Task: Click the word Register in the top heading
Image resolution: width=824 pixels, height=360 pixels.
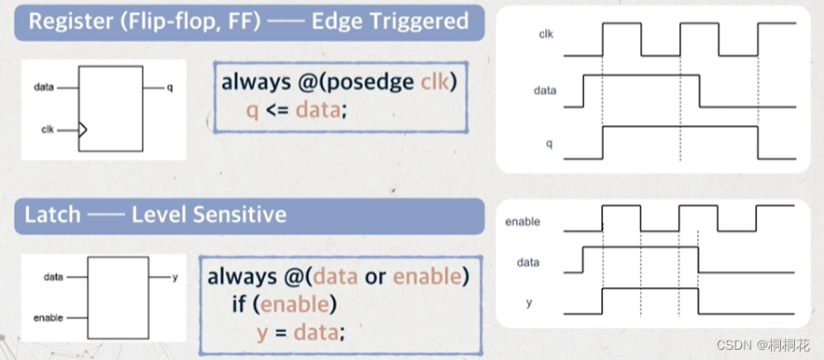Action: [64, 21]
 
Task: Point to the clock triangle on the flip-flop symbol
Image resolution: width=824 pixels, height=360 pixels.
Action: [82, 130]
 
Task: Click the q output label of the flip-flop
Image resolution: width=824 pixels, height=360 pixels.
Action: [170, 88]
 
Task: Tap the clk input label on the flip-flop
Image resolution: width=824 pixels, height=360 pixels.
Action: [48, 130]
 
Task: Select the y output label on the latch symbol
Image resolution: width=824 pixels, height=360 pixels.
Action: [175, 277]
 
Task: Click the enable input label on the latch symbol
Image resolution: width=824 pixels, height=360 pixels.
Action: [48, 318]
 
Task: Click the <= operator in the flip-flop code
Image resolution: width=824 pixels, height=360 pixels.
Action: [276, 111]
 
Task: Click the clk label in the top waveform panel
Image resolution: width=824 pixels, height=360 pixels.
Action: [547, 35]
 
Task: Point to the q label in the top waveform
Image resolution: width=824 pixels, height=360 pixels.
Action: [549, 144]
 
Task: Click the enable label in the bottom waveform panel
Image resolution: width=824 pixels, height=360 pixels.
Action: [523, 222]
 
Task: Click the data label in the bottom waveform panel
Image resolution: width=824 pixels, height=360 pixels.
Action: [528, 262]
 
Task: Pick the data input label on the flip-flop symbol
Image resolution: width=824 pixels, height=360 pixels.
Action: [44, 88]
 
